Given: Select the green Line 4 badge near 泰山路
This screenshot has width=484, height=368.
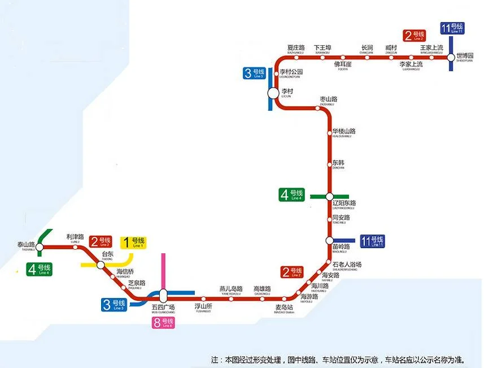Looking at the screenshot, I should coord(40,270).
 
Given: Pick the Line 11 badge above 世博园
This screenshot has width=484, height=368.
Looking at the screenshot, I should coord(452,28).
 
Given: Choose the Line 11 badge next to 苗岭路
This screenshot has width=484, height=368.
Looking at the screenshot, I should coord(373,241).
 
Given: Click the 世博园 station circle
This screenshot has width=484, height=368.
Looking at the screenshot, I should coord(451,57).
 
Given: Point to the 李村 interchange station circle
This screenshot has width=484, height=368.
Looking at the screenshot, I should coord(273,93).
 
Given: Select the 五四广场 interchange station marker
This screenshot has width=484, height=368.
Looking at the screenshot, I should coord(163,295).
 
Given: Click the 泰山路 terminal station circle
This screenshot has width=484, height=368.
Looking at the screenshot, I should coord(40,246).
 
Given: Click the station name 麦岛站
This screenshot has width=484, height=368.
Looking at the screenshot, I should coord(285,308).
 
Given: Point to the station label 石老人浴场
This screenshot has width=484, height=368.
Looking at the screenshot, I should coord(346,265).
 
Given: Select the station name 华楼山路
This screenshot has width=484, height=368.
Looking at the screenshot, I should coord(343,131).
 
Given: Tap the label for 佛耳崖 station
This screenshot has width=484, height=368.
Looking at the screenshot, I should coord(342,64).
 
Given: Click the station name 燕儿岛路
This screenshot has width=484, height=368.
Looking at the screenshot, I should coord(230,289).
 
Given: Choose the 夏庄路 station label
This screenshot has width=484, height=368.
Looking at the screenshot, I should coord(295,47).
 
